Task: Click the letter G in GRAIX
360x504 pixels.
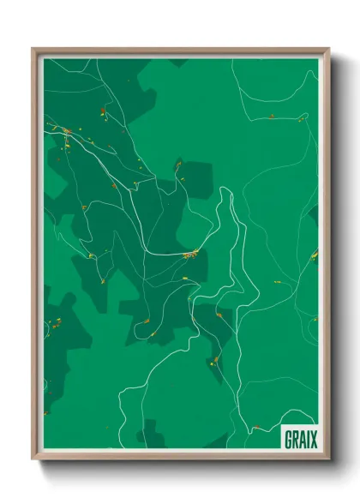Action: point(289,441)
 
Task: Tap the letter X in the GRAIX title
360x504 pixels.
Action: point(314,441)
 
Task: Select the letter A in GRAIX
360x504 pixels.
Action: point(303,441)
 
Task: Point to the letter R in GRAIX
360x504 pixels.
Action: point(296,441)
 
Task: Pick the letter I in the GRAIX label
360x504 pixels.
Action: point(309,441)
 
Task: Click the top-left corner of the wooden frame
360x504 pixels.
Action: point(33,49)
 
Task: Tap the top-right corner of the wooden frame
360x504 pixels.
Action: point(328,49)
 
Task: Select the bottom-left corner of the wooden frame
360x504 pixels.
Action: point(33,459)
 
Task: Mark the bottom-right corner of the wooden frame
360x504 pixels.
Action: point(328,459)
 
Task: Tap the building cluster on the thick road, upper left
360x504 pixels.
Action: point(66,130)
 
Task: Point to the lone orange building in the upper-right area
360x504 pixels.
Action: point(272,115)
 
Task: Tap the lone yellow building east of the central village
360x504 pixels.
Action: point(277,282)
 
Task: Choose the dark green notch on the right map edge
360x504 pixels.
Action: point(315,214)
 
